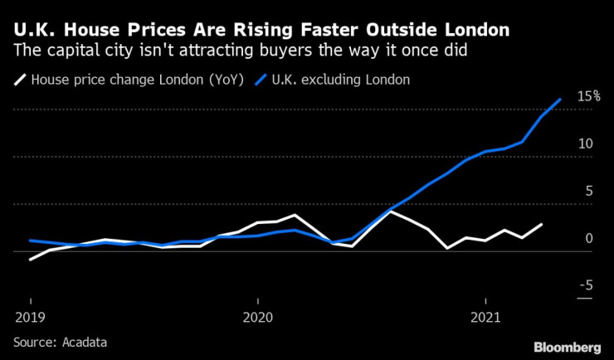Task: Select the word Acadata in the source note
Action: (85, 341)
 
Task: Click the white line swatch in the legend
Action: (19, 80)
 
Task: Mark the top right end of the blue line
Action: (561, 100)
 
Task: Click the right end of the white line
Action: (542, 224)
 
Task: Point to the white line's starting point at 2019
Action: (31, 260)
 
